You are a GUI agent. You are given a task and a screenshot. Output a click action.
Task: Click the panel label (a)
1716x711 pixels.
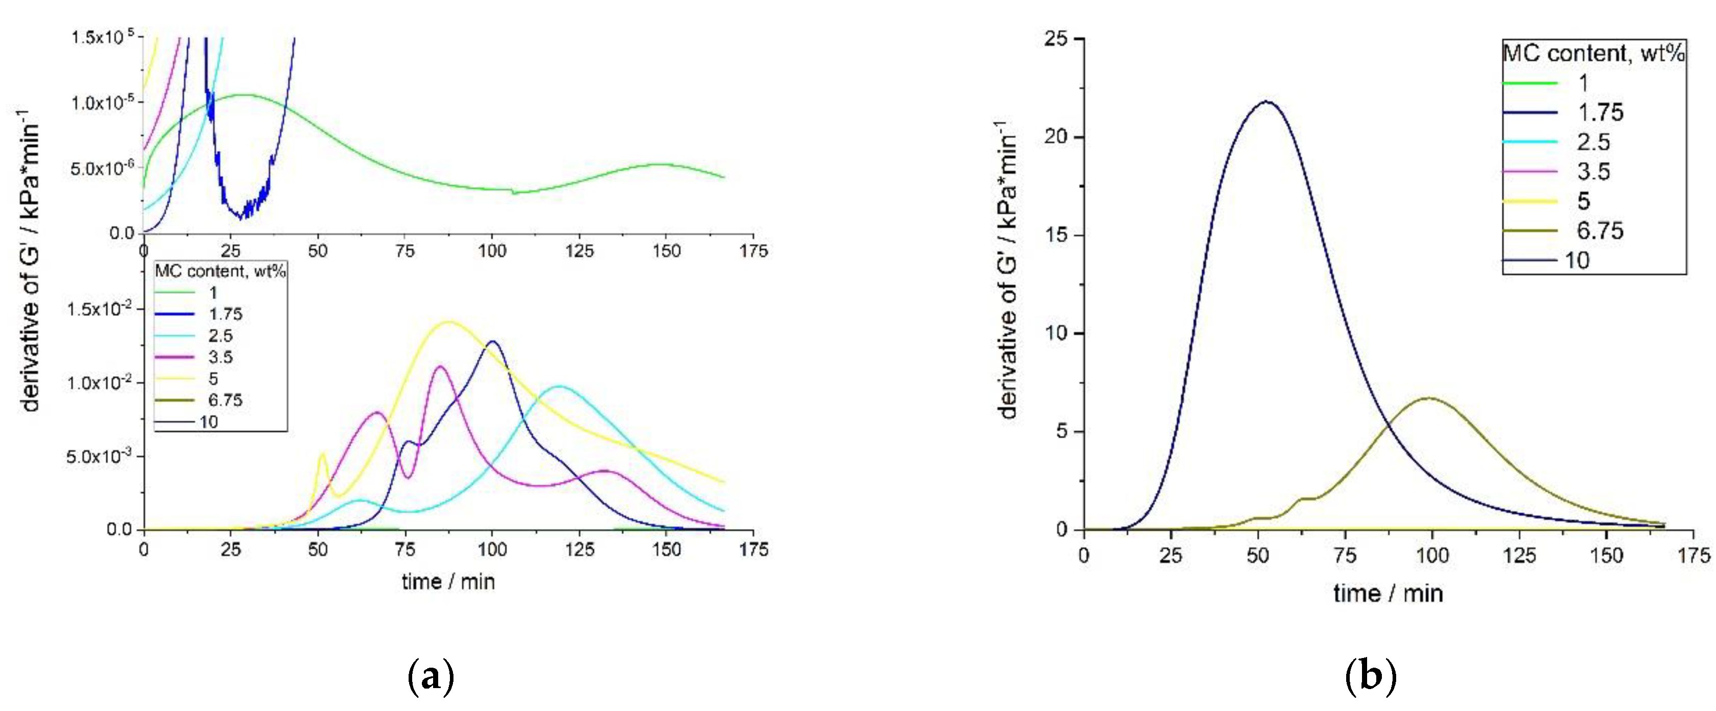pyautogui.click(x=431, y=677)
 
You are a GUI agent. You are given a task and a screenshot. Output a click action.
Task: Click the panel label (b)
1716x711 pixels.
pyautogui.click(x=1370, y=677)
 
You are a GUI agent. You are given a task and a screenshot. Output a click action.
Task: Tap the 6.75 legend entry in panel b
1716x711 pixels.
pyautogui.click(x=1599, y=230)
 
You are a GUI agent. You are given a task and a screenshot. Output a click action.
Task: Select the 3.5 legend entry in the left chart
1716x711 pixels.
pyautogui.click(x=220, y=357)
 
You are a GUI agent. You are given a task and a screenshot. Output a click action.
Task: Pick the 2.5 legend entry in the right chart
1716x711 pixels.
pyautogui.click(x=1593, y=142)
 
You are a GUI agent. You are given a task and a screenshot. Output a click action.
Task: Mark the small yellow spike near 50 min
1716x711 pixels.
pyautogui.click(x=323, y=454)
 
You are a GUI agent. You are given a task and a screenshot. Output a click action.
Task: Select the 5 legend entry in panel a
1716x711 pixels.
pyautogui.click(x=213, y=378)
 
